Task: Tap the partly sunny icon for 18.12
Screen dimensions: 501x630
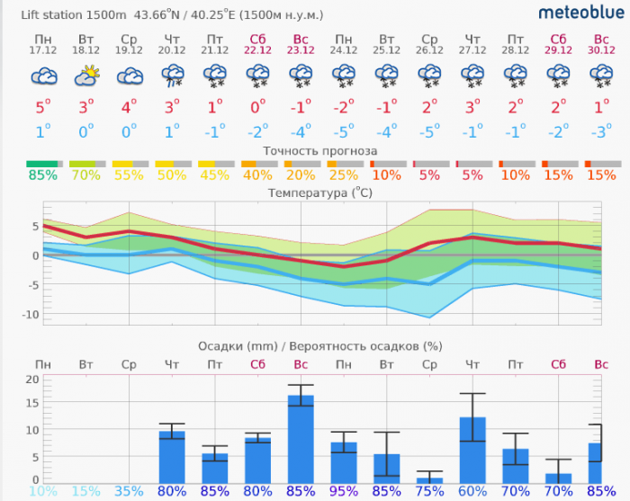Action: [x=86, y=77]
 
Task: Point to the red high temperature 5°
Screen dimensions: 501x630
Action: [x=42, y=107]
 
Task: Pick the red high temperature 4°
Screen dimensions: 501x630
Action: [x=129, y=107]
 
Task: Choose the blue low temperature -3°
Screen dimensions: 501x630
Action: [x=600, y=131]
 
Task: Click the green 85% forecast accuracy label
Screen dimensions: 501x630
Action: [x=42, y=174]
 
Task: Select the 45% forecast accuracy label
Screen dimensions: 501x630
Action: [x=214, y=174]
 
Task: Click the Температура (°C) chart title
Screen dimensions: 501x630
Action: [x=320, y=192]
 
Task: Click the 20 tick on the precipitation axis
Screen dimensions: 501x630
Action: [x=31, y=379]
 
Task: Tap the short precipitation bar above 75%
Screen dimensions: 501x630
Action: [x=429, y=480]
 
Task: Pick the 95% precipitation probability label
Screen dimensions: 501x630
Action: [x=344, y=492]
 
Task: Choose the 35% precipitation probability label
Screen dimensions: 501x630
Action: [x=129, y=492]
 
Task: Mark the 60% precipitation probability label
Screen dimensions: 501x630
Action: [x=472, y=492]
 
